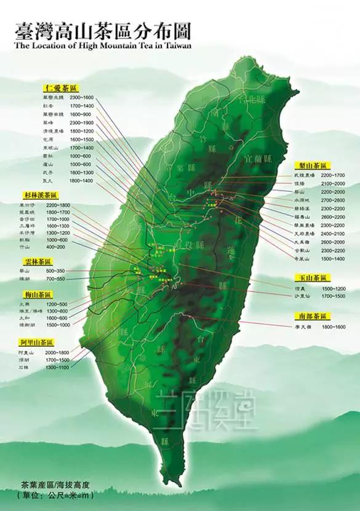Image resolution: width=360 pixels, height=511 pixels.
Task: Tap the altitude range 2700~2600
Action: [x=332, y=200]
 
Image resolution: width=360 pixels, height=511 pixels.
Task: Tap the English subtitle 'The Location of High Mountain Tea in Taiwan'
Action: [x=102, y=44]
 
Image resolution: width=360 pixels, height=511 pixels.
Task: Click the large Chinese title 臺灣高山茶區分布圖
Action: [x=102, y=30]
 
